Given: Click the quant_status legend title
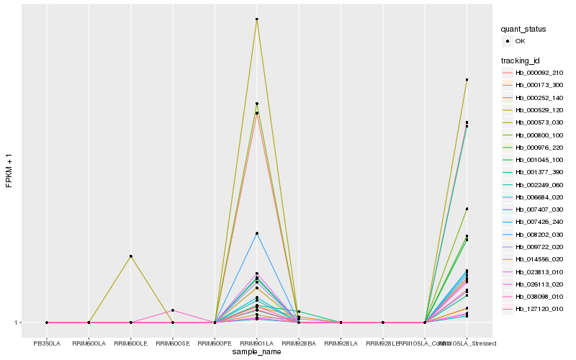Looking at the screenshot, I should coord(523,29).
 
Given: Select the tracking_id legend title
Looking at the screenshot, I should coord(521,60).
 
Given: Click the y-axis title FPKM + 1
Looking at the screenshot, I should coord(9,171).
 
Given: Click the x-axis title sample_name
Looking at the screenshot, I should coord(256,351).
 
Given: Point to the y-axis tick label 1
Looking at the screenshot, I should coord(17,323).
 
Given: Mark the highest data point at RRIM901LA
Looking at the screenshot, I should coord(256,19).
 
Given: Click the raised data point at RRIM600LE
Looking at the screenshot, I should coord(130,256).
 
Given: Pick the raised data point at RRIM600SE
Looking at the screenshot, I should coord(173,310).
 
